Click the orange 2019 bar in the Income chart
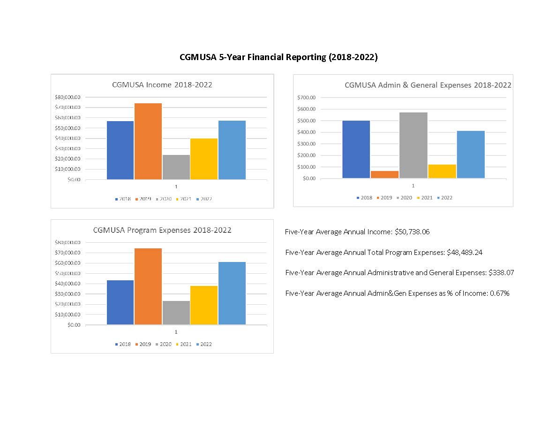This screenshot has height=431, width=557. (x=148, y=141)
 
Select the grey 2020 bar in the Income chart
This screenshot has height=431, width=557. (x=176, y=167)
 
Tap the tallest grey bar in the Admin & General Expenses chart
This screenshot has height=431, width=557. (x=413, y=145)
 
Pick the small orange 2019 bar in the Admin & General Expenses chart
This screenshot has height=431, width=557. (x=385, y=174)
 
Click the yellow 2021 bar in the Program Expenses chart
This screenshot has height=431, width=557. (x=204, y=305)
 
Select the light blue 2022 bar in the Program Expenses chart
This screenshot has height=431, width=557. (x=232, y=293)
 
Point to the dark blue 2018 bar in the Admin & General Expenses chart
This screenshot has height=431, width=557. (x=356, y=149)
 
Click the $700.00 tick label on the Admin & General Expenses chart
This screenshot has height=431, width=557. (x=306, y=97)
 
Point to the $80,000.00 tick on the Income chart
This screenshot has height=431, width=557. (x=68, y=97)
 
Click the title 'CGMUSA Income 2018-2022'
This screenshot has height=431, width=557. (x=162, y=85)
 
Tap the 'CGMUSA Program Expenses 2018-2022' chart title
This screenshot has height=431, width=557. (x=162, y=230)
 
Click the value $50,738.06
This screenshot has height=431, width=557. (x=412, y=232)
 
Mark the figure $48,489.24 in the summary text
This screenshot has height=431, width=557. (x=464, y=253)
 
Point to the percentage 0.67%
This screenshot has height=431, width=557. (x=499, y=293)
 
